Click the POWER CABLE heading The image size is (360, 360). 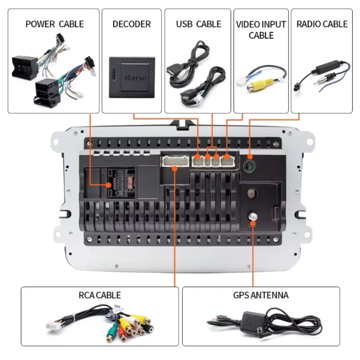click(x=54, y=23)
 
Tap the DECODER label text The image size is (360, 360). click(x=131, y=23)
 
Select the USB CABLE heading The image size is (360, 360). click(x=198, y=23)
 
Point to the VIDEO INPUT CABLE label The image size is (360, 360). click(x=261, y=29)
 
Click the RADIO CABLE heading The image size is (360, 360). click(x=322, y=23)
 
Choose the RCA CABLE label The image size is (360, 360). click(x=99, y=295)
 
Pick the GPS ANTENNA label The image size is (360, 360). click(x=261, y=295)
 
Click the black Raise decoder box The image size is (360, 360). click(x=132, y=77)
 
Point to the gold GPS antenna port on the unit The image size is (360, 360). click(x=252, y=217)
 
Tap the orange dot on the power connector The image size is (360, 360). click(x=108, y=184)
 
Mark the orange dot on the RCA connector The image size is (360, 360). click(x=175, y=167)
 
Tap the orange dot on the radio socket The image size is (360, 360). click(x=249, y=157)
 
